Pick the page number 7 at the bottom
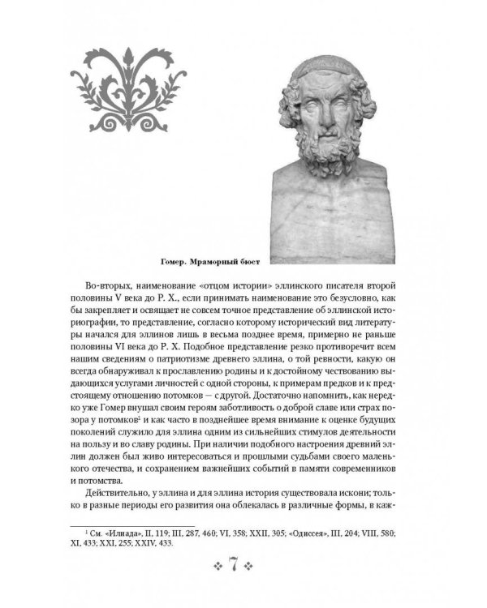(243, 563)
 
